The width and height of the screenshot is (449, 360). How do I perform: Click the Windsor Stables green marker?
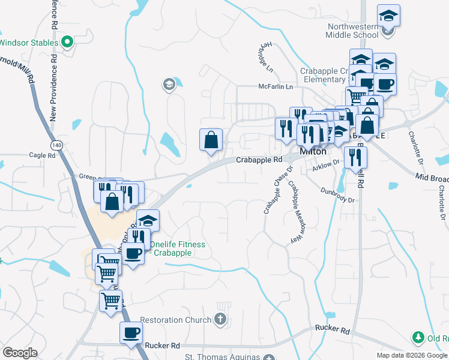click(x=68, y=43)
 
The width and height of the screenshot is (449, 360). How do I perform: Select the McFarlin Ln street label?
click(x=275, y=87)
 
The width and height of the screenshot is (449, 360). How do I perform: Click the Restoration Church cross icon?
click(x=220, y=319)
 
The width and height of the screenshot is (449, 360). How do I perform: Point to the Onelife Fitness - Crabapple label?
click(x=177, y=248)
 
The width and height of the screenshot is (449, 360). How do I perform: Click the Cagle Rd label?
click(x=42, y=155)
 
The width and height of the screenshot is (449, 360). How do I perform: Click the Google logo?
click(x=20, y=353)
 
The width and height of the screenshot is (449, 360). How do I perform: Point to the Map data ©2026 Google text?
click(x=412, y=355)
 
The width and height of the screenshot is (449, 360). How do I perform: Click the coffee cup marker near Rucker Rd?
click(x=131, y=332)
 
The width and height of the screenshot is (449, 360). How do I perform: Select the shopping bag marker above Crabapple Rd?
click(x=211, y=140)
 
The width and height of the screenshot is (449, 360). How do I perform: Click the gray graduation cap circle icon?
click(x=169, y=85)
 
